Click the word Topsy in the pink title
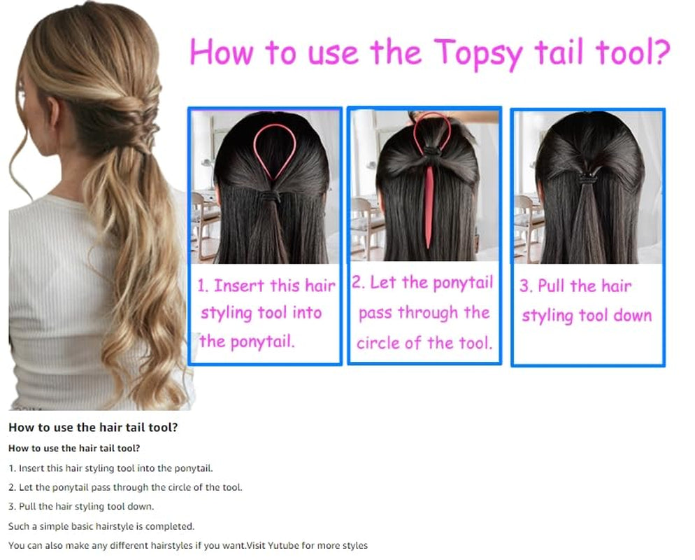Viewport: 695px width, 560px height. coord(477,53)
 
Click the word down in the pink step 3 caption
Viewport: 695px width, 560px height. coord(632,315)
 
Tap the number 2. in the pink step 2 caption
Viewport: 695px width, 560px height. coord(359,283)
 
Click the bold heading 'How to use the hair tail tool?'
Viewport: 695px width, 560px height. coord(92,427)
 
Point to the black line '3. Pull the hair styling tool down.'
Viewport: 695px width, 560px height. coord(81,506)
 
